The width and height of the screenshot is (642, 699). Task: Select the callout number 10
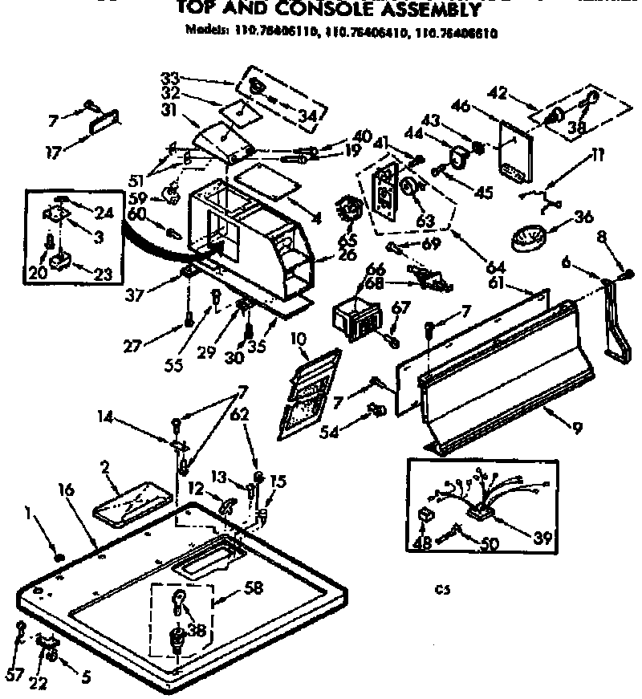coord(299,339)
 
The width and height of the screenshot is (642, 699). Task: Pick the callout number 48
coord(422,543)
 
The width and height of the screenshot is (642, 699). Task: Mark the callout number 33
coord(169,78)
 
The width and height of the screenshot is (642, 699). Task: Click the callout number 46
coord(481,106)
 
